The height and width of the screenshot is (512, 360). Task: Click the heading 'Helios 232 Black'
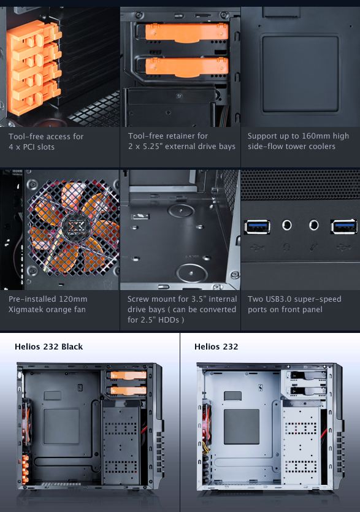[x=48, y=346]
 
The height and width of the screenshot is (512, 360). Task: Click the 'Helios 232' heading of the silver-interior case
[x=216, y=346]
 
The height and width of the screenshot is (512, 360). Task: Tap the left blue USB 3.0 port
[x=257, y=227]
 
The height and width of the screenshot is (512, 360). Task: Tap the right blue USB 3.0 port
[x=343, y=226]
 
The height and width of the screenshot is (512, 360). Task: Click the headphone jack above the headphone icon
[x=287, y=225]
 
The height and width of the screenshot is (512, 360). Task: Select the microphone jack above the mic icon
[x=313, y=224]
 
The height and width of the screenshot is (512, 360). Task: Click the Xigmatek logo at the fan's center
[x=74, y=226]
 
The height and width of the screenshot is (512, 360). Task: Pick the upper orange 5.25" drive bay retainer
[x=186, y=32]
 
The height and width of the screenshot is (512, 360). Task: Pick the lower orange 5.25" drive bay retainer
[x=186, y=67]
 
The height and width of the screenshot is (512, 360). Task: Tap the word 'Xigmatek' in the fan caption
[x=26, y=310]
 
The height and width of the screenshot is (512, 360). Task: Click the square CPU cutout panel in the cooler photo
[x=301, y=74]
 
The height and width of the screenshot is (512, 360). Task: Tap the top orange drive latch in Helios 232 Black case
[x=128, y=375]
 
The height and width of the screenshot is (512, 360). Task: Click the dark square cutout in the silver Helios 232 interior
[x=242, y=426]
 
